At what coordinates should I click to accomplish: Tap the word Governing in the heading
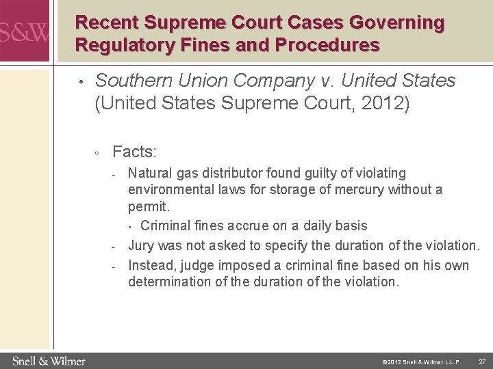click(396, 23)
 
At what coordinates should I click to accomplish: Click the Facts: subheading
click(134, 151)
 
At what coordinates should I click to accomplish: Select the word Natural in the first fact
click(150, 174)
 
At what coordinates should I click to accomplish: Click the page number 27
click(481, 360)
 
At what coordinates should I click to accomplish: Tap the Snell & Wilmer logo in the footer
click(49, 360)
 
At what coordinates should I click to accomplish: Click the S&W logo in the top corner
click(25, 31)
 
